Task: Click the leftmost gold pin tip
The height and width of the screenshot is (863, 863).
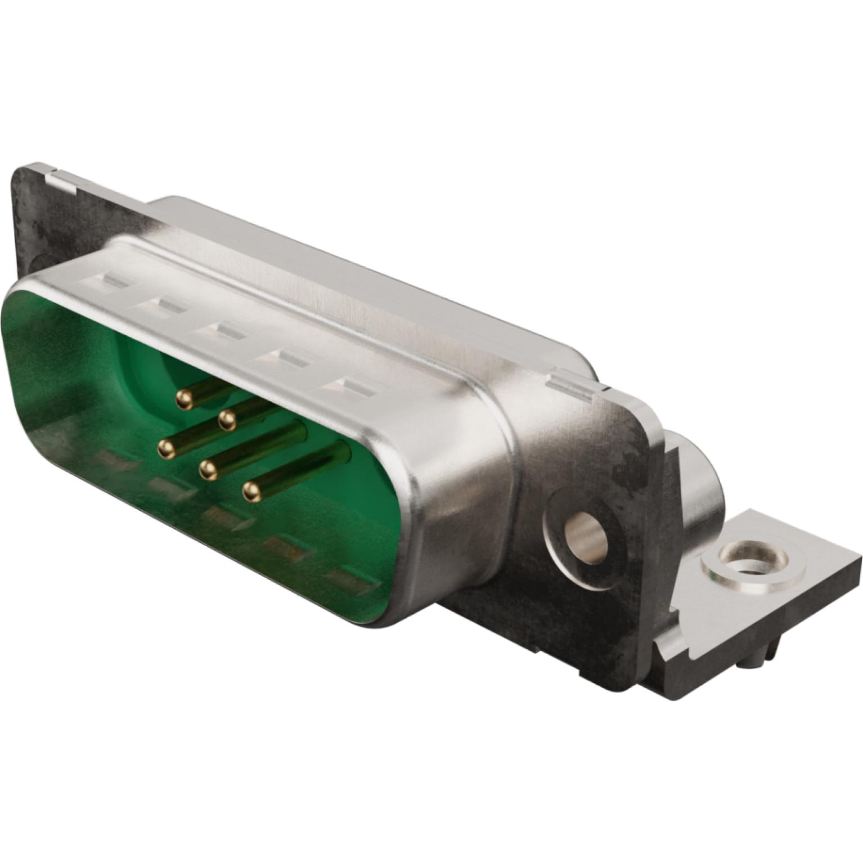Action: (x=165, y=448)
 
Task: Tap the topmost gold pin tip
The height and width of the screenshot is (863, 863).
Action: (x=183, y=399)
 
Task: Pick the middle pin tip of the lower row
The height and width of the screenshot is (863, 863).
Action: (x=208, y=469)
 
